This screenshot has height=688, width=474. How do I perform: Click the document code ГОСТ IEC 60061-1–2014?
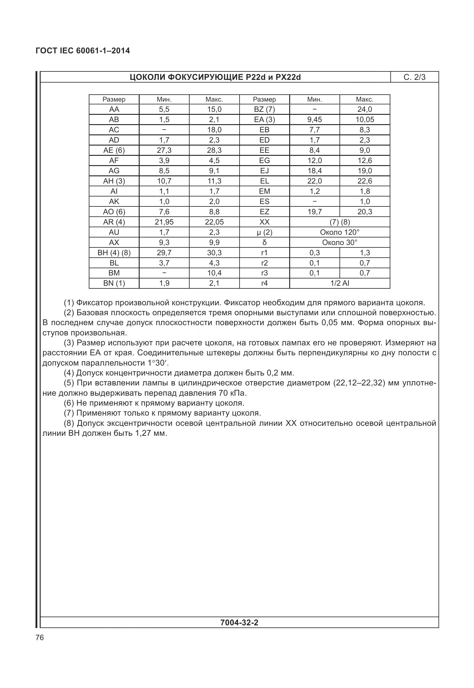[x=83, y=51]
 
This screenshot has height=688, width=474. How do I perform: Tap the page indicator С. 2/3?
[x=414, y=77]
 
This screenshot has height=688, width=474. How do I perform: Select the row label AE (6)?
[x=114, y=150]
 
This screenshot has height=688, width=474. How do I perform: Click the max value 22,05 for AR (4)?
[x=214, y=222]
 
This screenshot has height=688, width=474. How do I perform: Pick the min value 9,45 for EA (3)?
[x=314, y=119]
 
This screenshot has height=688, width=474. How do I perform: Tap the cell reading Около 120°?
[x=339, y=232]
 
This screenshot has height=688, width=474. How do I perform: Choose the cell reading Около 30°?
[x=339, y=242]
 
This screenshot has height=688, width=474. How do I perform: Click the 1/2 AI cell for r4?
[x=339, y=283]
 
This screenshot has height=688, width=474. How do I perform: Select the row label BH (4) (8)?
[x=114, y=253]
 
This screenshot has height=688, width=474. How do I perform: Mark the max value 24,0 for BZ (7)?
[x=364, y=109]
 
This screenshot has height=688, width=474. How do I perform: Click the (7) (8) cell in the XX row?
[x=339, y=222]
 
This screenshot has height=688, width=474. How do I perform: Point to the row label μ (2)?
[x=264, y=232]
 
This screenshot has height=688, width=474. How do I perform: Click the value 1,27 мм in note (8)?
[x=152, y=433]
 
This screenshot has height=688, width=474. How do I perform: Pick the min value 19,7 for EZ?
[x=314, y=212]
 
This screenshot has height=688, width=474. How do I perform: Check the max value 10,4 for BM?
[x=214, y=273]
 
